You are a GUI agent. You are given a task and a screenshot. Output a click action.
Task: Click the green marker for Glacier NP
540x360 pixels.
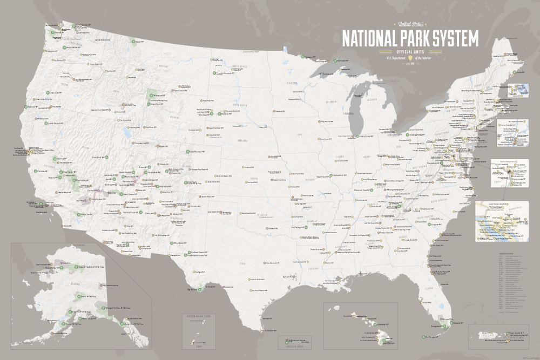click(132, 42)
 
